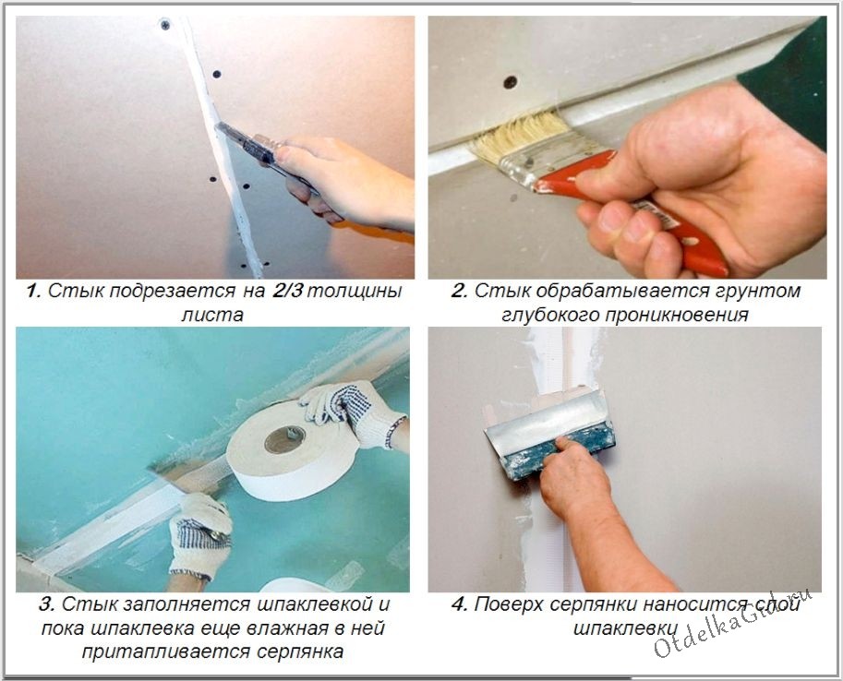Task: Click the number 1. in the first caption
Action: tap(34, 292)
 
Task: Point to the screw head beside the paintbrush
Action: tap(510, 82)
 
